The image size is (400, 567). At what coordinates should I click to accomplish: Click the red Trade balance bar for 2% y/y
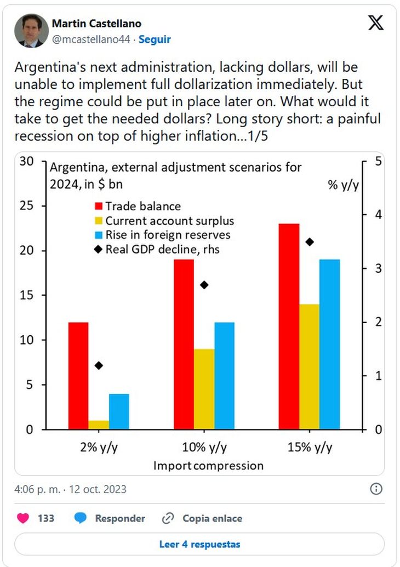point(78,376)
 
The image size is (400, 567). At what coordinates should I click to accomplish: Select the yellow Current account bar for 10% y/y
point(204,389)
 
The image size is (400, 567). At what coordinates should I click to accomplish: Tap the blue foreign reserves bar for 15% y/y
point(329,344)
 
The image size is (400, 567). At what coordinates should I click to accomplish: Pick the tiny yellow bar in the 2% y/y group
point(99,425)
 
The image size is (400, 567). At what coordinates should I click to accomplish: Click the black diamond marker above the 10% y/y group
point(204,285)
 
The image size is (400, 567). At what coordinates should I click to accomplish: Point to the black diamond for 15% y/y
point(310,242)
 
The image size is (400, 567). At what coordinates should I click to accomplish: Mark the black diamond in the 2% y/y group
point(99,365)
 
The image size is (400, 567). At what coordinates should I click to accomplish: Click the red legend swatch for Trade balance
point(99,206)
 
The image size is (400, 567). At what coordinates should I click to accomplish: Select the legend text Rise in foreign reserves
point(168,235)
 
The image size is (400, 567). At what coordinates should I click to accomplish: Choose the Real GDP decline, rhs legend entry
point(157,249)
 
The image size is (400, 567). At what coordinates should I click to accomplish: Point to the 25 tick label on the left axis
point(26,206)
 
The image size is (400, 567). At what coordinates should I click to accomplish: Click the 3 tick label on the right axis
point(378,268)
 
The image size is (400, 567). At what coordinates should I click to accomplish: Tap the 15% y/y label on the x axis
point(310,448)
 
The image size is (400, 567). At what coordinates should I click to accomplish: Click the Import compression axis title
point(208,466)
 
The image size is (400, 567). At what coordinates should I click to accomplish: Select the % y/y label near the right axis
point(343,185)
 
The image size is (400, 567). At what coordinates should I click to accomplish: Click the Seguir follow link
point(155,39)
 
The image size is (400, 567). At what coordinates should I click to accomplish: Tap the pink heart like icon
point(23,518)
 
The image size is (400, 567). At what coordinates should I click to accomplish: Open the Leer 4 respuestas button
point(199,544)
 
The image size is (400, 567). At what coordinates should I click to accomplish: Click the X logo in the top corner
point(376,23)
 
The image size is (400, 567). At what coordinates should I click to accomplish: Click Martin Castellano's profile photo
point(31,31)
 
